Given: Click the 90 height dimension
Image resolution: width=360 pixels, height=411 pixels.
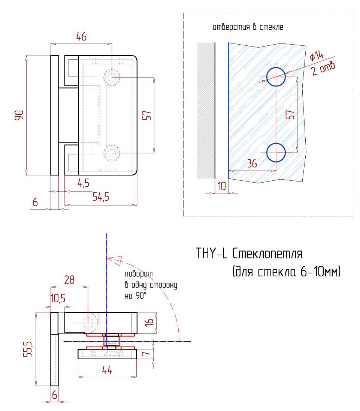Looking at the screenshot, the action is pos(19,115).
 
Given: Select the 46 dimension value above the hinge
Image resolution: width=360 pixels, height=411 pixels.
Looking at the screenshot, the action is pos(81,37).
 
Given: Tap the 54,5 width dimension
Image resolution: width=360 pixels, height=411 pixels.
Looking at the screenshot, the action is pos(101,196).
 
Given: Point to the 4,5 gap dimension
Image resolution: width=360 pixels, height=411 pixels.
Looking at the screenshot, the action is pos(84,183).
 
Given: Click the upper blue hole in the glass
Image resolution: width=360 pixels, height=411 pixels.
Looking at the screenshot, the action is pos(276,77).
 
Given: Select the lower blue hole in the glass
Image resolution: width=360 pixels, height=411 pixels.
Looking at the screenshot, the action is pos(276,153).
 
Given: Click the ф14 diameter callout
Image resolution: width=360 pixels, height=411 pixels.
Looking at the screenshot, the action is pos(317,55).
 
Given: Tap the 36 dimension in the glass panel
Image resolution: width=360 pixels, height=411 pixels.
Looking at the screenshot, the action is pos(252,163).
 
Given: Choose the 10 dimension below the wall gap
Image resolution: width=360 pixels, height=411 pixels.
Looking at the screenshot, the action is pos(221,186).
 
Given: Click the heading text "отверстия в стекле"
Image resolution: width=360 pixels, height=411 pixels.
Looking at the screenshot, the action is pos(248,27).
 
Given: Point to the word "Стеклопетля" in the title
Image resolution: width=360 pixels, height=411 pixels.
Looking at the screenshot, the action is pos(267,254).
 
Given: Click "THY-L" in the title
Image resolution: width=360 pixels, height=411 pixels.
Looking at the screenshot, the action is pos(211,253).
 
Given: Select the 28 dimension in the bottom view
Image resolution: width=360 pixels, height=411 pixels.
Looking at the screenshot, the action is pos(69,280).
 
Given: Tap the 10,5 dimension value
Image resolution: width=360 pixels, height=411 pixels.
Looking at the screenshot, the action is pos(58,298).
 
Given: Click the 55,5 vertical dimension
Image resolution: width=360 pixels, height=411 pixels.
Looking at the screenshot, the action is pos(28,349).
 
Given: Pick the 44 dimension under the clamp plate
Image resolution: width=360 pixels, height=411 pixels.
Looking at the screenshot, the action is pos(107,370).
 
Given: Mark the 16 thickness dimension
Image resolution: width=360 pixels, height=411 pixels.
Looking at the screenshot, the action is pos(149,322).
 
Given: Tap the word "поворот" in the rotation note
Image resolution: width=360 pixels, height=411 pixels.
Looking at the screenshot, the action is pos(139,274).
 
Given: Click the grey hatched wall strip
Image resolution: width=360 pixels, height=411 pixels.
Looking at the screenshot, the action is pos(206,111).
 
